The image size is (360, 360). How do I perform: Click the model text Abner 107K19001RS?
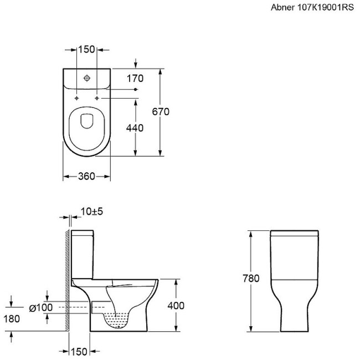pos(312,7)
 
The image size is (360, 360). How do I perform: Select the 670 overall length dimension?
pos(161,111)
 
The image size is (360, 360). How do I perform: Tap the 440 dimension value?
pos(135,128)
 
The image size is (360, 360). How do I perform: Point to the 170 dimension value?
pos(135,79)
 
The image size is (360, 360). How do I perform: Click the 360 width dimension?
pos(86,176)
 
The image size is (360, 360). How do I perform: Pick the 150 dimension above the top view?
pos(86,49)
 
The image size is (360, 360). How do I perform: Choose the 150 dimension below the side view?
pos(79,352)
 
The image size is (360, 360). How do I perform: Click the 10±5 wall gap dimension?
pos(92,212)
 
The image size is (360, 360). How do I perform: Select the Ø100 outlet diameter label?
pos(41,307)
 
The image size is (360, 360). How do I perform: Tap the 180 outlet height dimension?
pos(12,318)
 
